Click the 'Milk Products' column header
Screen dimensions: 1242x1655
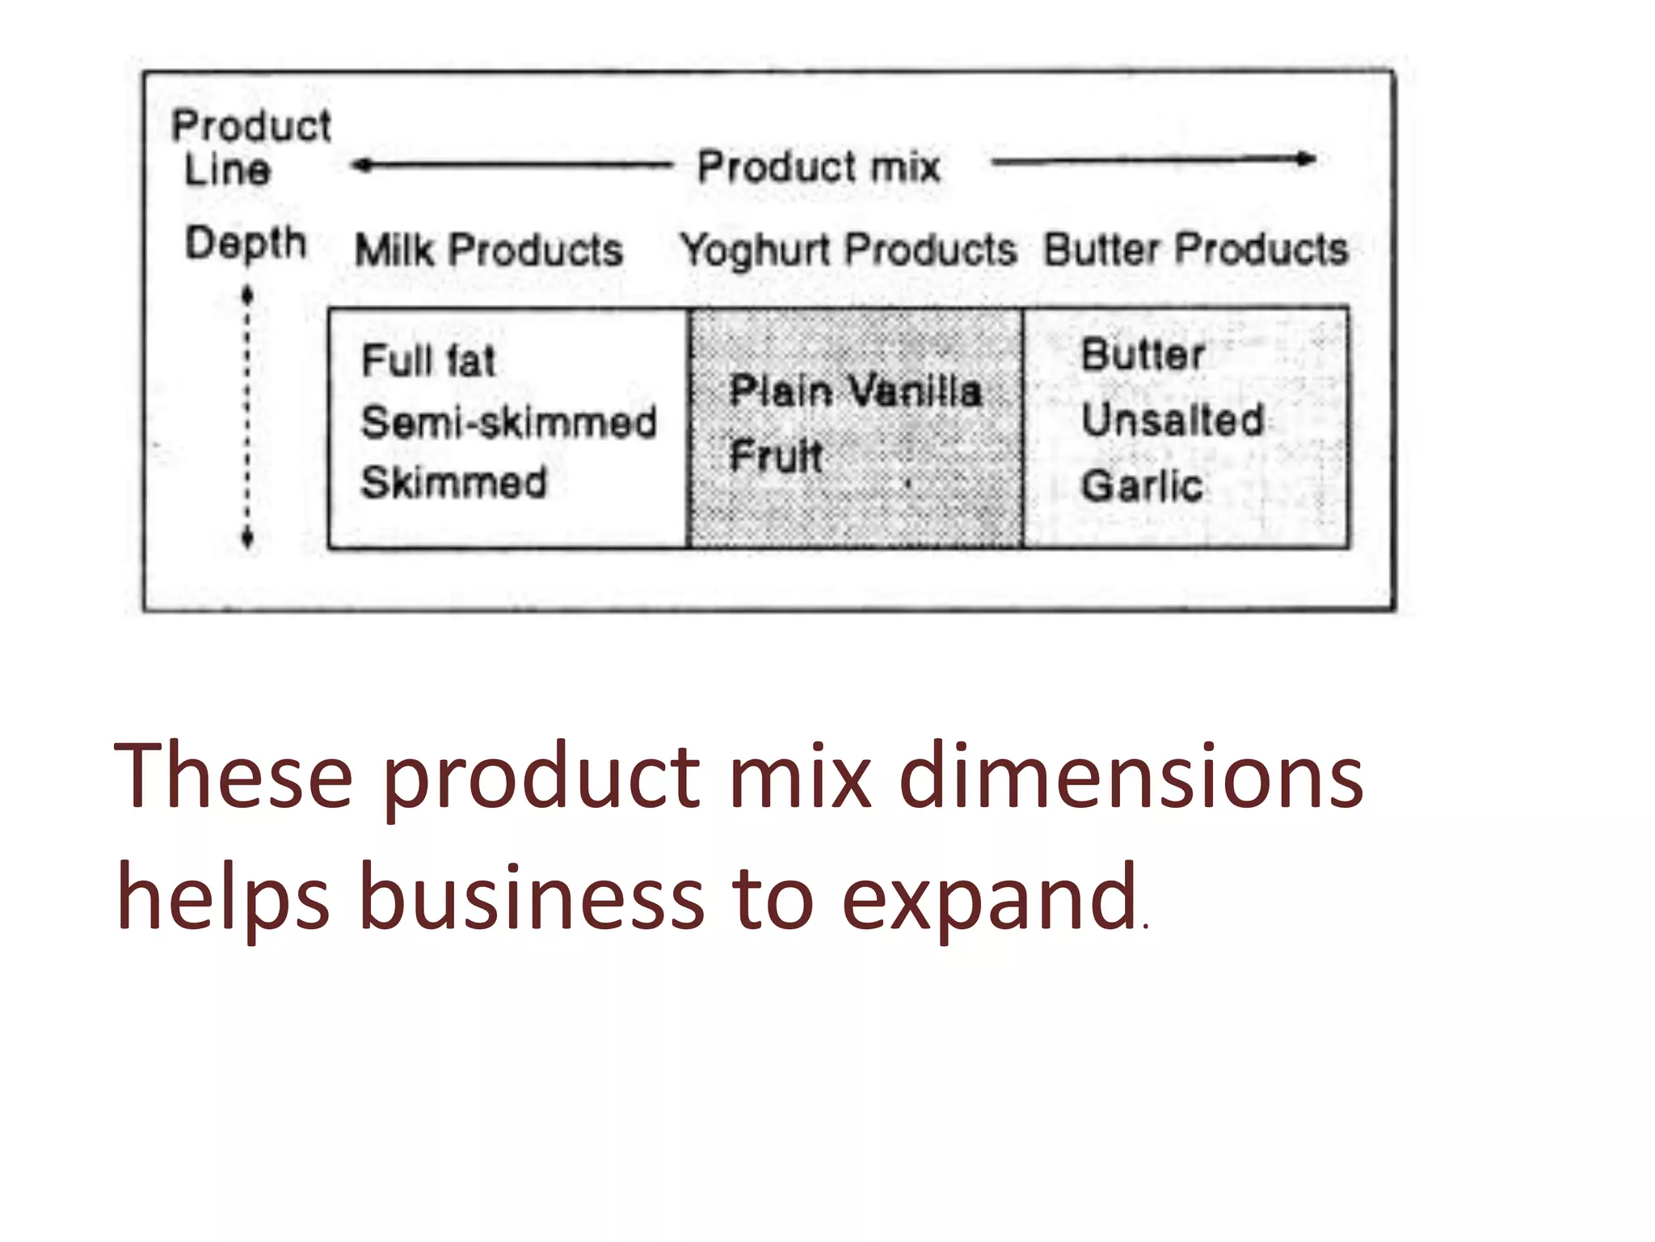click(489, 250)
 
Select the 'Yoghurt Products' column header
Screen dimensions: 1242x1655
click(849, 250)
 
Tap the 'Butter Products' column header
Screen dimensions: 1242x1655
click(1196, 249)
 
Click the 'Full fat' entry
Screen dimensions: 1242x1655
click(427, 361)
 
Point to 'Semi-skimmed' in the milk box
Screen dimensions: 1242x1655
click(508, 422)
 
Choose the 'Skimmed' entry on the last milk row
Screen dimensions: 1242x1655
click(453, 483)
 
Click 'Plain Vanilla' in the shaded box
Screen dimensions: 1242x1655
click(855, 391)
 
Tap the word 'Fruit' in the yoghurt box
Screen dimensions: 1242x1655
click(776, 455)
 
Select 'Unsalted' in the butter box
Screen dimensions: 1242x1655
click(1173, 420)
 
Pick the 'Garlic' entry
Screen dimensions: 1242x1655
click(1142, 486)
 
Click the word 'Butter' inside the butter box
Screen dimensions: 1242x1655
click(1143, 355)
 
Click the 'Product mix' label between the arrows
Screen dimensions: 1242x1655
click(819, 167)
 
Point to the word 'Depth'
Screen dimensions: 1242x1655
click(246, 243)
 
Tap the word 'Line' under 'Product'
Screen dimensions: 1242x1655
click(227, 171)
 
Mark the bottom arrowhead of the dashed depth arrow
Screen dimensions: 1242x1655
click(247, 540)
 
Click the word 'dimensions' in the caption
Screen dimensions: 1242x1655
click(1131, 776)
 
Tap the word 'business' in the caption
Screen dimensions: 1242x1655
click(531, 898)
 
